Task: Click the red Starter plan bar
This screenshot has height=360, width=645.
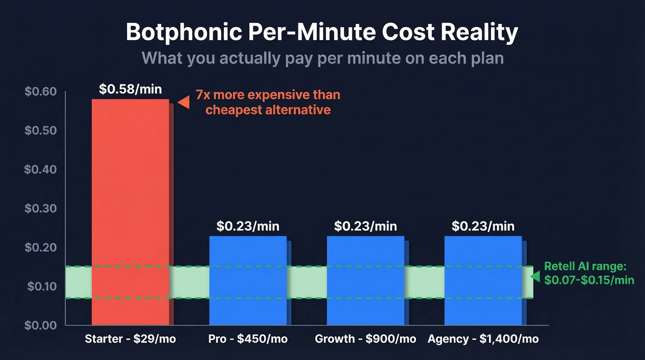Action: click(130, 184)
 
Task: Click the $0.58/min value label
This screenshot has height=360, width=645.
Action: click(130, 89)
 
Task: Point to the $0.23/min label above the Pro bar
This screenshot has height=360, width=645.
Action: click(248, 226)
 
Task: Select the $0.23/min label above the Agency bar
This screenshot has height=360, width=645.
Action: click(483, 226)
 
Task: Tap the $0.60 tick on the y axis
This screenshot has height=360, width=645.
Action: click(41, 92)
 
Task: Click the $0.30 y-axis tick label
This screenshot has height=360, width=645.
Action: click(41, 209)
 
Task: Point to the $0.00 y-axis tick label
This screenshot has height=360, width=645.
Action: click(41, 325)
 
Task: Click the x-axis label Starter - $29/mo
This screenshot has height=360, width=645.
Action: click(130, 339)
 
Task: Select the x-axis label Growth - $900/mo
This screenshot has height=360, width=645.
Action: click(365, 339)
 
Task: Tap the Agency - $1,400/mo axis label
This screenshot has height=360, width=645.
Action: click(483, 339)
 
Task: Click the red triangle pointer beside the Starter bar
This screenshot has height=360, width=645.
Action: click(184, 102)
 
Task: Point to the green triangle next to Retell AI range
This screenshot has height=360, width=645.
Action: click(535, 276)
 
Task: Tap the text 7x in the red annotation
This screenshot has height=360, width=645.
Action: click(203, 95)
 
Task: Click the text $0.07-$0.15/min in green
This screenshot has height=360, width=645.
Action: click(589, 280)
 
